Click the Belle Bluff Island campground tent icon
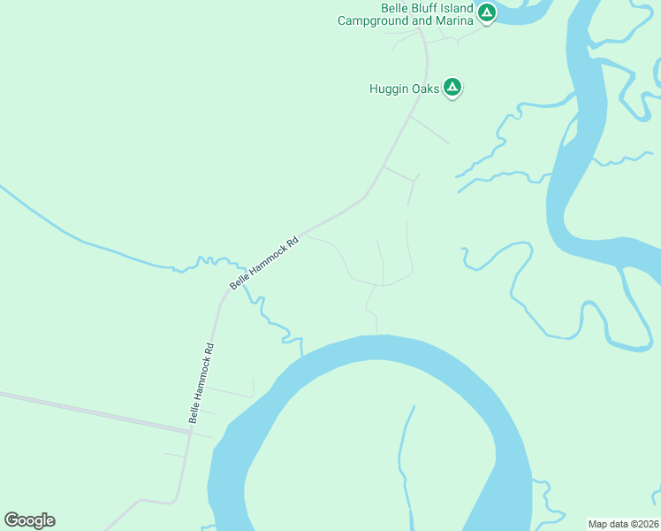pyautogui.click(x=486, y=12)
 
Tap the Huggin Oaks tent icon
pyautogui.click(x=452, y=88)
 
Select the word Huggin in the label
pyautogui.click(x=390, y=88)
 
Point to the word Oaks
pyautogui.click(x=426, y=88)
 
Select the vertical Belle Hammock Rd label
pyautogui.click(x=201, y=381)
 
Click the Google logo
pyautogui.click(x=29, y=520)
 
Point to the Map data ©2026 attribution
pyautogui.click(x=624, y=523)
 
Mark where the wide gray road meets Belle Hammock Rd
pyautogui.click(x=190, y=431)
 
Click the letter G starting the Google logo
pyautogui.click(x=11, y=520)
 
